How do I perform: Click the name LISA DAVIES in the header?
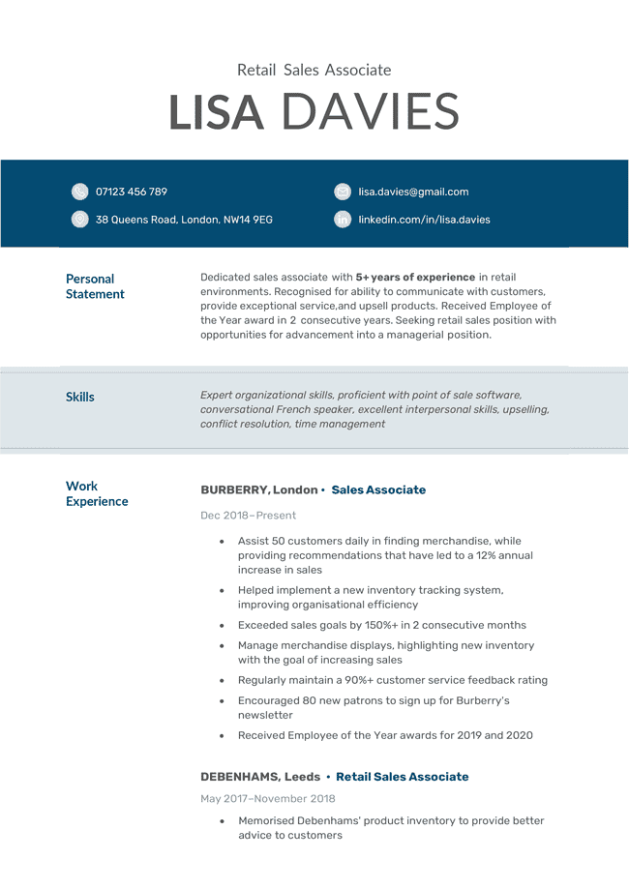pyautogui.click(x=314, y=112)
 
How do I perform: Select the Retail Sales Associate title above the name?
pyautogui.click(x=314, y=70)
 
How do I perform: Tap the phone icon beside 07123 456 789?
pyautogui.click(x=79, y=192)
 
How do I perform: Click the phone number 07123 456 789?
pyautogui.click(x=131, y=192)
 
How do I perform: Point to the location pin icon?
pyautogui.click(x=79, y=220)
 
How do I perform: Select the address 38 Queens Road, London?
pyautogui.click(x=184, y=220)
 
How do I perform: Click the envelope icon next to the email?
pyautogui.click(x=343, y=192)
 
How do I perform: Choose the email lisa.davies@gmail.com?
pyautogui.click(x=413, y=192)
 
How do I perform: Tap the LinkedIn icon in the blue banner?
pyautogui.click(x=343, y=220)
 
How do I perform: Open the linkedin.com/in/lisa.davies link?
pyautogui.click(x=424, y=220)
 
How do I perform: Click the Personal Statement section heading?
pyautogui.click(x=94, y=286)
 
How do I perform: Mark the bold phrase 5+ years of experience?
pyautogui.click(x=415, y=278)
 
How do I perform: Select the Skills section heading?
pyautogui.click(x=80, y=397)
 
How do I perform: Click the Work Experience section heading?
pyautogui.click(x=96, y=493)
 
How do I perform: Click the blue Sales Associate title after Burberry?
pyautogui.click(x=378, y=490)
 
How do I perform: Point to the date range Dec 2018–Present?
pyautogui.click(x=248, y=516)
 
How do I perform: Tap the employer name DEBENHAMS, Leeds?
pyautogui.click(x=260, y=777)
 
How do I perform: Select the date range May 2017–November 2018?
pyautogui.click(x=268, y=799)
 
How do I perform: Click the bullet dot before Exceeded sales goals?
pyautogui.click(x=223, y=626)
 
